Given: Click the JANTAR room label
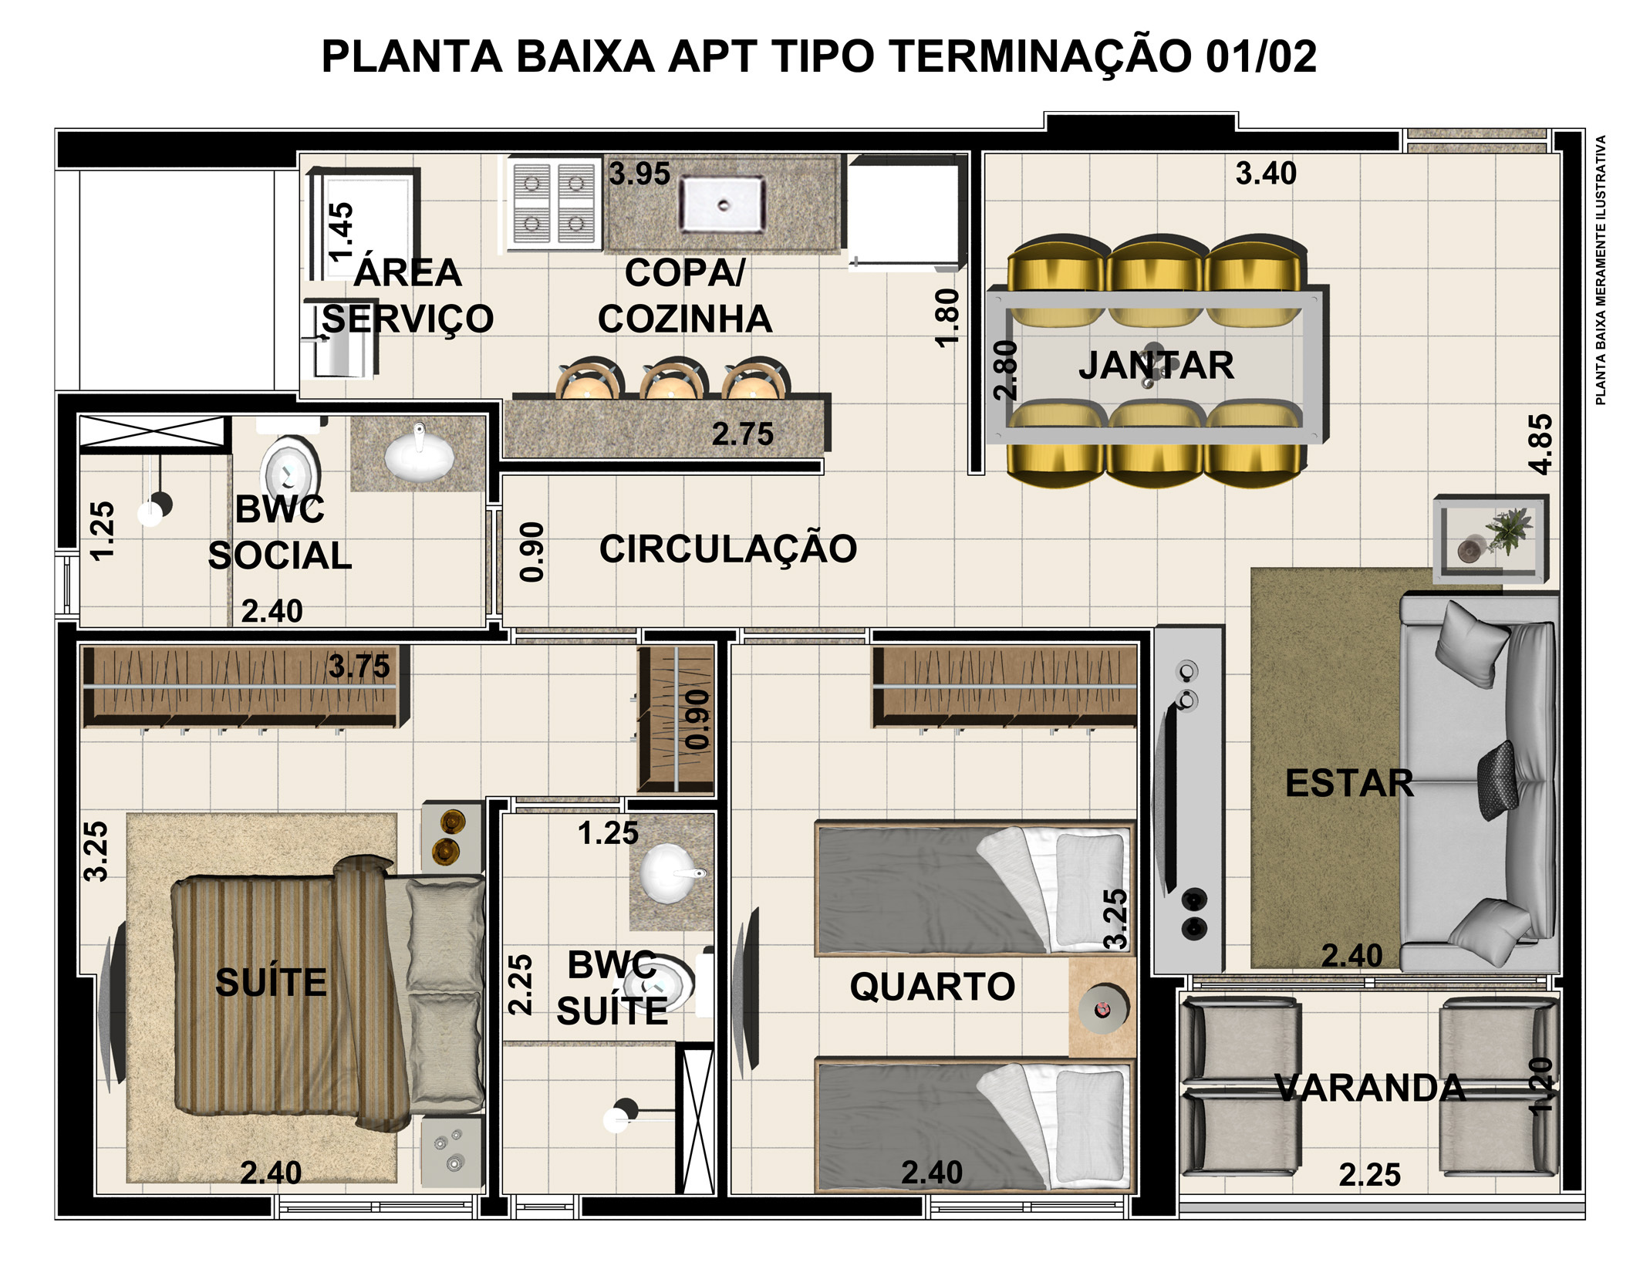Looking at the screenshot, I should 1156,365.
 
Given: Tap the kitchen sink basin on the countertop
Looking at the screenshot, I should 722,204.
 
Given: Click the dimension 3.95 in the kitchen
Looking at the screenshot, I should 639,174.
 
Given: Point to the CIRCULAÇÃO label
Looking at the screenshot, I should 727,549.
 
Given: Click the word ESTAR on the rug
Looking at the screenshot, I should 1348,783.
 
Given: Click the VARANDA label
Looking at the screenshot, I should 1369,1088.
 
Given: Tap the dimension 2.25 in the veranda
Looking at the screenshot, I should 1369,1175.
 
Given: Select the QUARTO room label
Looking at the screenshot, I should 932,986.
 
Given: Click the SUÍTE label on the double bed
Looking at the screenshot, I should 271,982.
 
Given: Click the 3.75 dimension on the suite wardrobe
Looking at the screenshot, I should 359,667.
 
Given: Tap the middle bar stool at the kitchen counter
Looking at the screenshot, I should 670,380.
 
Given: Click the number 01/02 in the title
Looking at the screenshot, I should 1260,56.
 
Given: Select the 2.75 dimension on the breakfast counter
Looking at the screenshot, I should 742,434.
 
